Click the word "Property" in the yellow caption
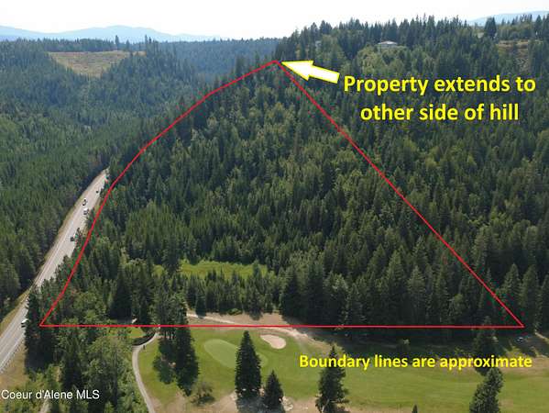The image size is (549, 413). coord(386,85)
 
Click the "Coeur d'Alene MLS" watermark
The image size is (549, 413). coord(50,395)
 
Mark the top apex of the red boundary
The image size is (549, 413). coord(276,61)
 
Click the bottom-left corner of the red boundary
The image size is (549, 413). coord(40,326)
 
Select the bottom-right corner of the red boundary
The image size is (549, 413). coord(523,327)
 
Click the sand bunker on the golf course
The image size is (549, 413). coord(273,340)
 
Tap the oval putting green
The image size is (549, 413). coord(224,352)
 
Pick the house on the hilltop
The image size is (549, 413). coord(388,45)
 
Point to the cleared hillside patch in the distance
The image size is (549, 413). coord(92,61)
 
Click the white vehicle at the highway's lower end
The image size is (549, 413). coord(24,322)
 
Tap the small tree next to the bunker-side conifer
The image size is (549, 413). coord(273,390)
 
